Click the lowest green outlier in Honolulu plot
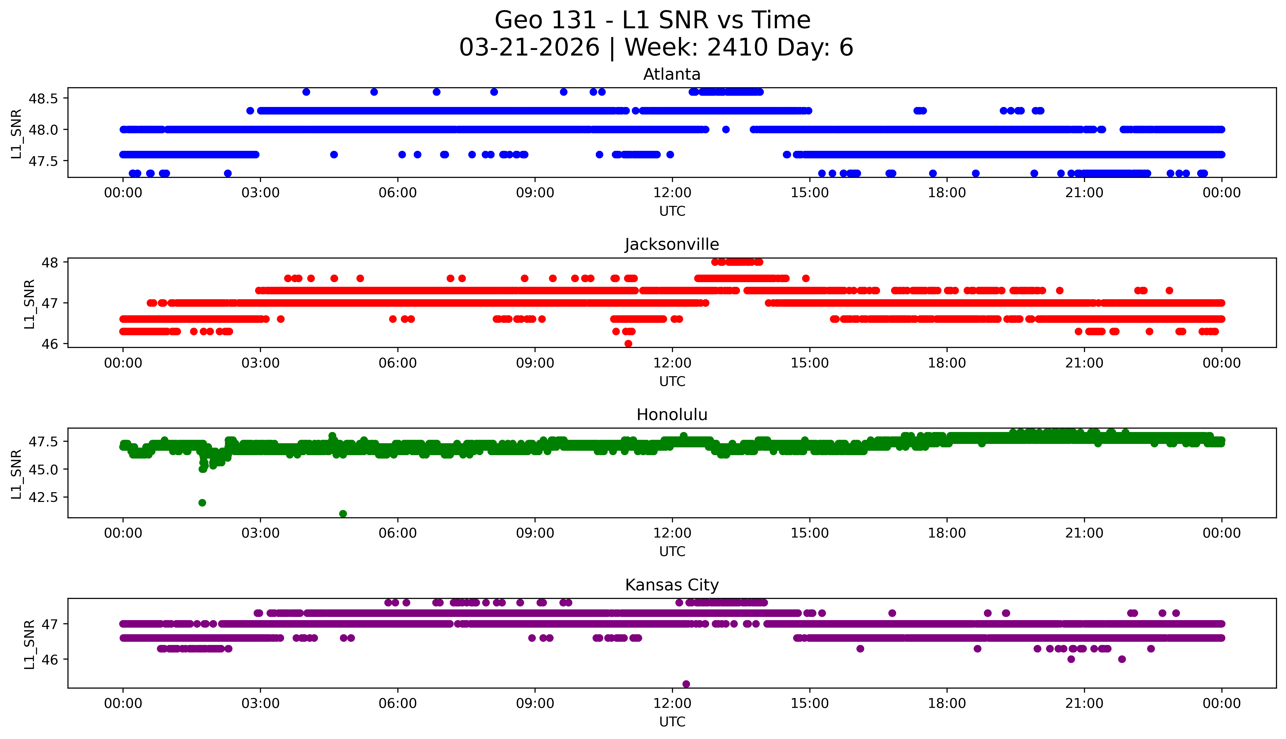coord(343,514)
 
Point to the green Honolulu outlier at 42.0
coord(202,502)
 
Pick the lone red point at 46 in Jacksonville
coord(628,344)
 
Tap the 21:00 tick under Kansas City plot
coord(1084,703)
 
